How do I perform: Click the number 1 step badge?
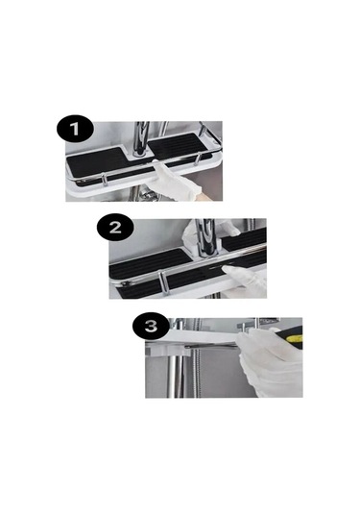(75, 129)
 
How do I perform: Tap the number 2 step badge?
(115, 227)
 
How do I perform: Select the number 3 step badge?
(151, 326)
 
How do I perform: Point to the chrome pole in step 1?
(140, 139)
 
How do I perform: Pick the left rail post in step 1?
(105, 180)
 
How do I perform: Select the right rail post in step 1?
(197, 159)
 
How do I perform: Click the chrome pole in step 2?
(206, 236)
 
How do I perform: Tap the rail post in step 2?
(163, 282)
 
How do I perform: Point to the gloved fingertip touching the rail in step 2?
(226, 269)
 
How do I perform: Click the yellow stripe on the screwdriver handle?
(296, 339)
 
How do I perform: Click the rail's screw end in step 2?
(124, 281)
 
